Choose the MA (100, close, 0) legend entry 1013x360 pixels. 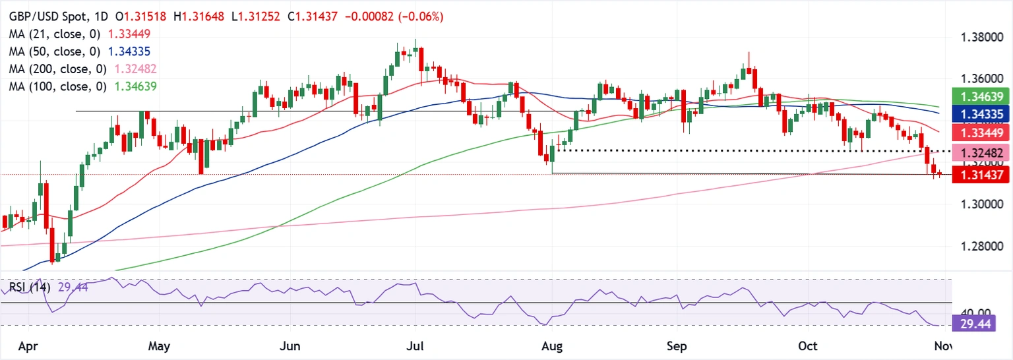tap(53, 86)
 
